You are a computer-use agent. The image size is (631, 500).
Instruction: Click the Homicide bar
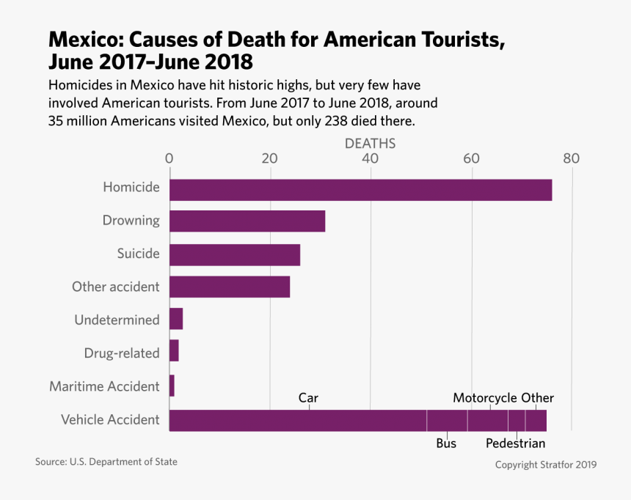coord(360,189)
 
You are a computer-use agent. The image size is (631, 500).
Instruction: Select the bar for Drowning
coord(247,221)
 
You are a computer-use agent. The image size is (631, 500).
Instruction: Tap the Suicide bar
coord(235,254)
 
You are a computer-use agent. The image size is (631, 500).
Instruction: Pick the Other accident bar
coord(230,287)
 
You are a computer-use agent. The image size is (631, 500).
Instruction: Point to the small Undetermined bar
coord(176,320)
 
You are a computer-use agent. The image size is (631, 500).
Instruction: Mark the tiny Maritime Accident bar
coord(172,386)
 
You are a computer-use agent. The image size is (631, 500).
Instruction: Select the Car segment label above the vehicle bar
coord(308,398)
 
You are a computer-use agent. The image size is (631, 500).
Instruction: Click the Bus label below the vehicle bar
coord(446,444)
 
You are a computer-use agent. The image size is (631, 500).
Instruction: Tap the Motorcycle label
coord(485,398)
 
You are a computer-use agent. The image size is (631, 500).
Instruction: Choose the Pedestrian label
coord(515,444)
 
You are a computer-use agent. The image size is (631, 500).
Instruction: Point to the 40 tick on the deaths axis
coord(371,158)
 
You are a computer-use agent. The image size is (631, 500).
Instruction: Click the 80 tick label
coord(571,158)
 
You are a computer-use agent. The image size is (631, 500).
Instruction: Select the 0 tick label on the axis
coord(169,158)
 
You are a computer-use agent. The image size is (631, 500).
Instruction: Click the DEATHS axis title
coord(370,143)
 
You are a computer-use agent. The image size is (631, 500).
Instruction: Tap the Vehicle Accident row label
coord(110,419)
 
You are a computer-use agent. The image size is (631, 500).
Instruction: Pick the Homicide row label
coord(131,187)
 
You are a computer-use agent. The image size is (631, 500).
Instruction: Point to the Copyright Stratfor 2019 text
coord(545,465)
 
